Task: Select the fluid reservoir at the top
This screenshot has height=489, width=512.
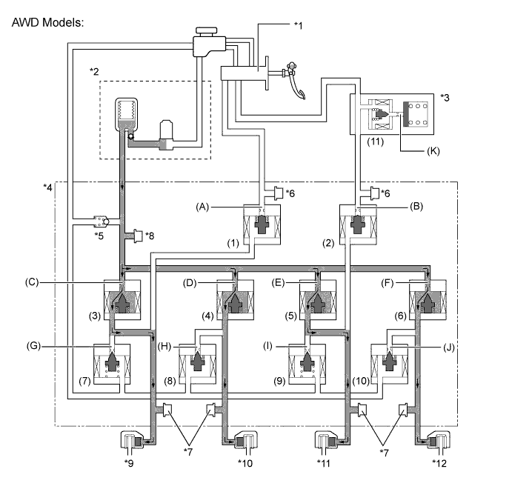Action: point(206,42)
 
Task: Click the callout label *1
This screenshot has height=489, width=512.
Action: point(298,25)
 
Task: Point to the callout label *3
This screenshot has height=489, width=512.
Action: point(445,97)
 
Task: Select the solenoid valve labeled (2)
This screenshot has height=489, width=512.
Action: point(357,227)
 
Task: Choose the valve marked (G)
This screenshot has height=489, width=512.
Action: point(112,363)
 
